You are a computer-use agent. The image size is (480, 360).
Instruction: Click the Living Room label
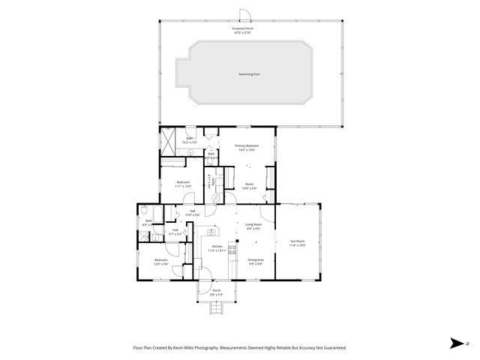click(x=253, y=224)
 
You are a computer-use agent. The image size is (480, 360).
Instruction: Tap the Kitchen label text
click(x=217, y=246)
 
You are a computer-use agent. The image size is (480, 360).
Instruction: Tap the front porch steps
click(x=216, y=308)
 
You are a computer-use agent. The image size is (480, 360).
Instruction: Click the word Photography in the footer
click(x=202, y=348)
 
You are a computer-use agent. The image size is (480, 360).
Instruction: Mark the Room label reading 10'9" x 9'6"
click(x=249, y=185)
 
